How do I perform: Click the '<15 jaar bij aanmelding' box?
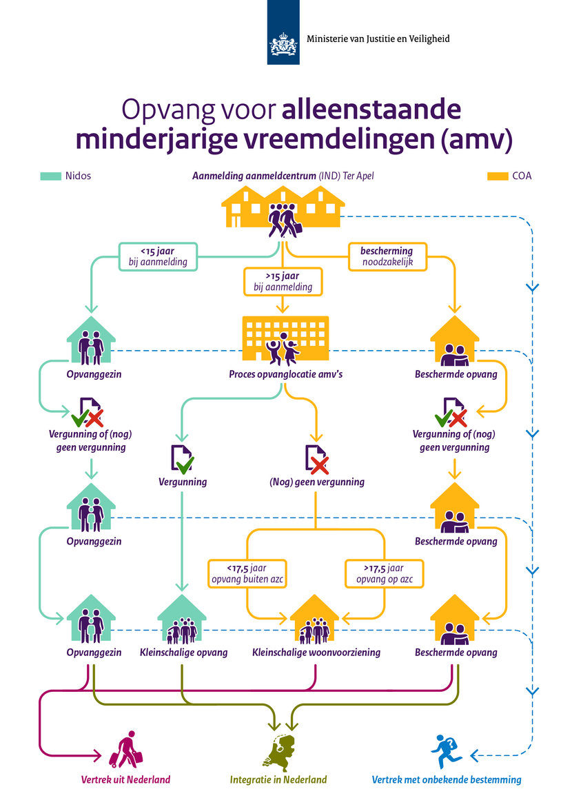[158, 256]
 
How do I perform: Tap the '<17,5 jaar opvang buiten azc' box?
[247, 573]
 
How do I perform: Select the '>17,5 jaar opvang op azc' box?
[384, 573]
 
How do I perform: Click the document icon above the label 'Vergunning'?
[181, 459]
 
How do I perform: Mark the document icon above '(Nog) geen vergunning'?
[316, 459]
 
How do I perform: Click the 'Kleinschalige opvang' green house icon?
[182, 619]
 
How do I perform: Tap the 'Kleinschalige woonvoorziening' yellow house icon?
[316, 619]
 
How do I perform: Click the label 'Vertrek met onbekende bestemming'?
[446, 780]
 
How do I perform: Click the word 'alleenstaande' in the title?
[371, 110]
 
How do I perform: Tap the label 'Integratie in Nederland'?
[278, 780]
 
